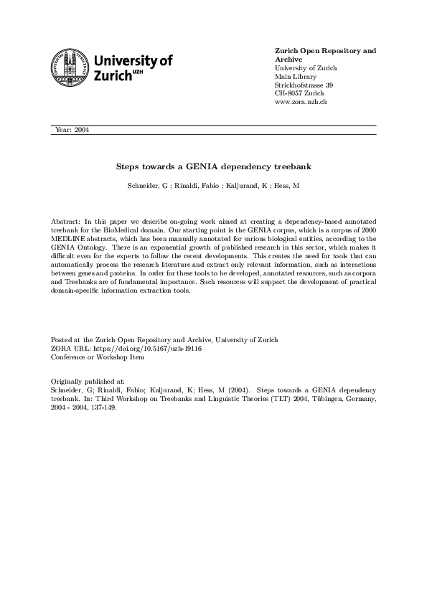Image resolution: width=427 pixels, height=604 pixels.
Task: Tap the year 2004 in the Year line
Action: (80, 130)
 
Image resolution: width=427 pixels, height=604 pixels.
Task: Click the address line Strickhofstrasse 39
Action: (304, 85)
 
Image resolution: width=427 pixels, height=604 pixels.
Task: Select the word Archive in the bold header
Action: (288, 60)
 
